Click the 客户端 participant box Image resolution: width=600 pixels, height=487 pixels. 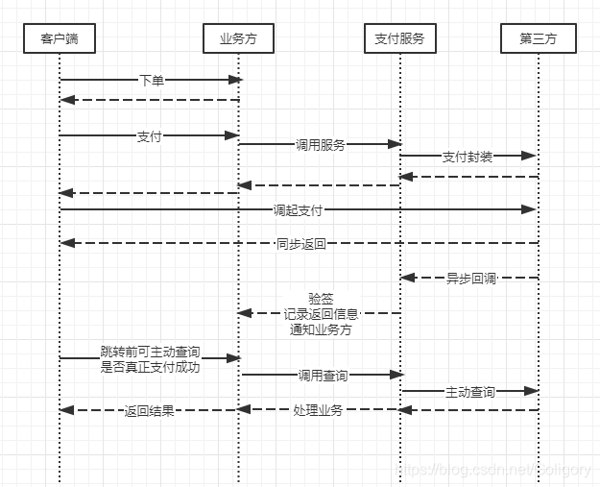tap(60, 39)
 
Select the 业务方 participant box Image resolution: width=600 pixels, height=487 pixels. tap(239, 39)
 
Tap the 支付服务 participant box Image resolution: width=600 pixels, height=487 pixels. tap(399, 39)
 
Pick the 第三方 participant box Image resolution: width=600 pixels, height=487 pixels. tap(538, 39)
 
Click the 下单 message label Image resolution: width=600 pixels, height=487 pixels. tap(152, 81)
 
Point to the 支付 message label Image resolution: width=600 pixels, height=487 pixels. tap(150, 136)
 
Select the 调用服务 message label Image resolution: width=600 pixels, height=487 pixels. tap(321, 145)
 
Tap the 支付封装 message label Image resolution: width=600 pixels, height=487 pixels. tap(468, 156)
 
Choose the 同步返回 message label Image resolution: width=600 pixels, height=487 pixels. tap(301, 244)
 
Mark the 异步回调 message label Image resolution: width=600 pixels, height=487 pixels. tap(470, 279)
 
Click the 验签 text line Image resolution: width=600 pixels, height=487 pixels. tap(321, 299)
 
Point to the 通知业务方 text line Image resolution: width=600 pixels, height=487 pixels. tap(321, 329)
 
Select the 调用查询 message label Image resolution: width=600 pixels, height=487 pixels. tap(323, 376)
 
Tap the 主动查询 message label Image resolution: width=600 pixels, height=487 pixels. tap(470, 392)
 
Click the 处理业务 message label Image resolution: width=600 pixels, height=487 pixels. tap(318, 410)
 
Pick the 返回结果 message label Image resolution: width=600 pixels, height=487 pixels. tap(150, 411)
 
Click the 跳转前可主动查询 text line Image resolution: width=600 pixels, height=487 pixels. tap(150, 352)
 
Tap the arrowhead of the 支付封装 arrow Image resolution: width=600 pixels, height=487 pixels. tap(529, 155)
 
